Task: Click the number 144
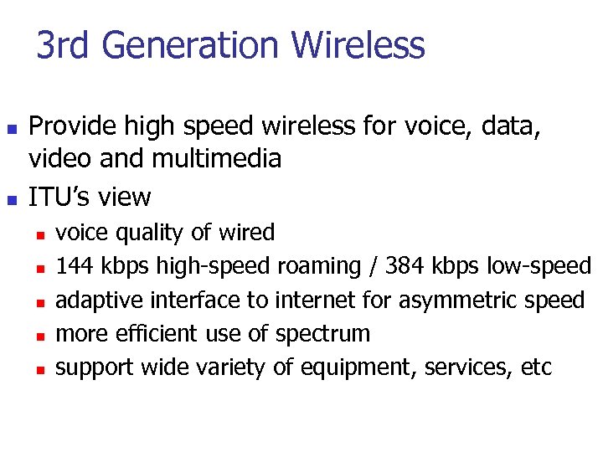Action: [x=75, y=266]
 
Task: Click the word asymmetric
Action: [x=465, y=300]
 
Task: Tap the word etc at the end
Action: [x=536, y=367]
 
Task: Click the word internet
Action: [x=317, y=300]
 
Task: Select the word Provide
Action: [x=75, y=126]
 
